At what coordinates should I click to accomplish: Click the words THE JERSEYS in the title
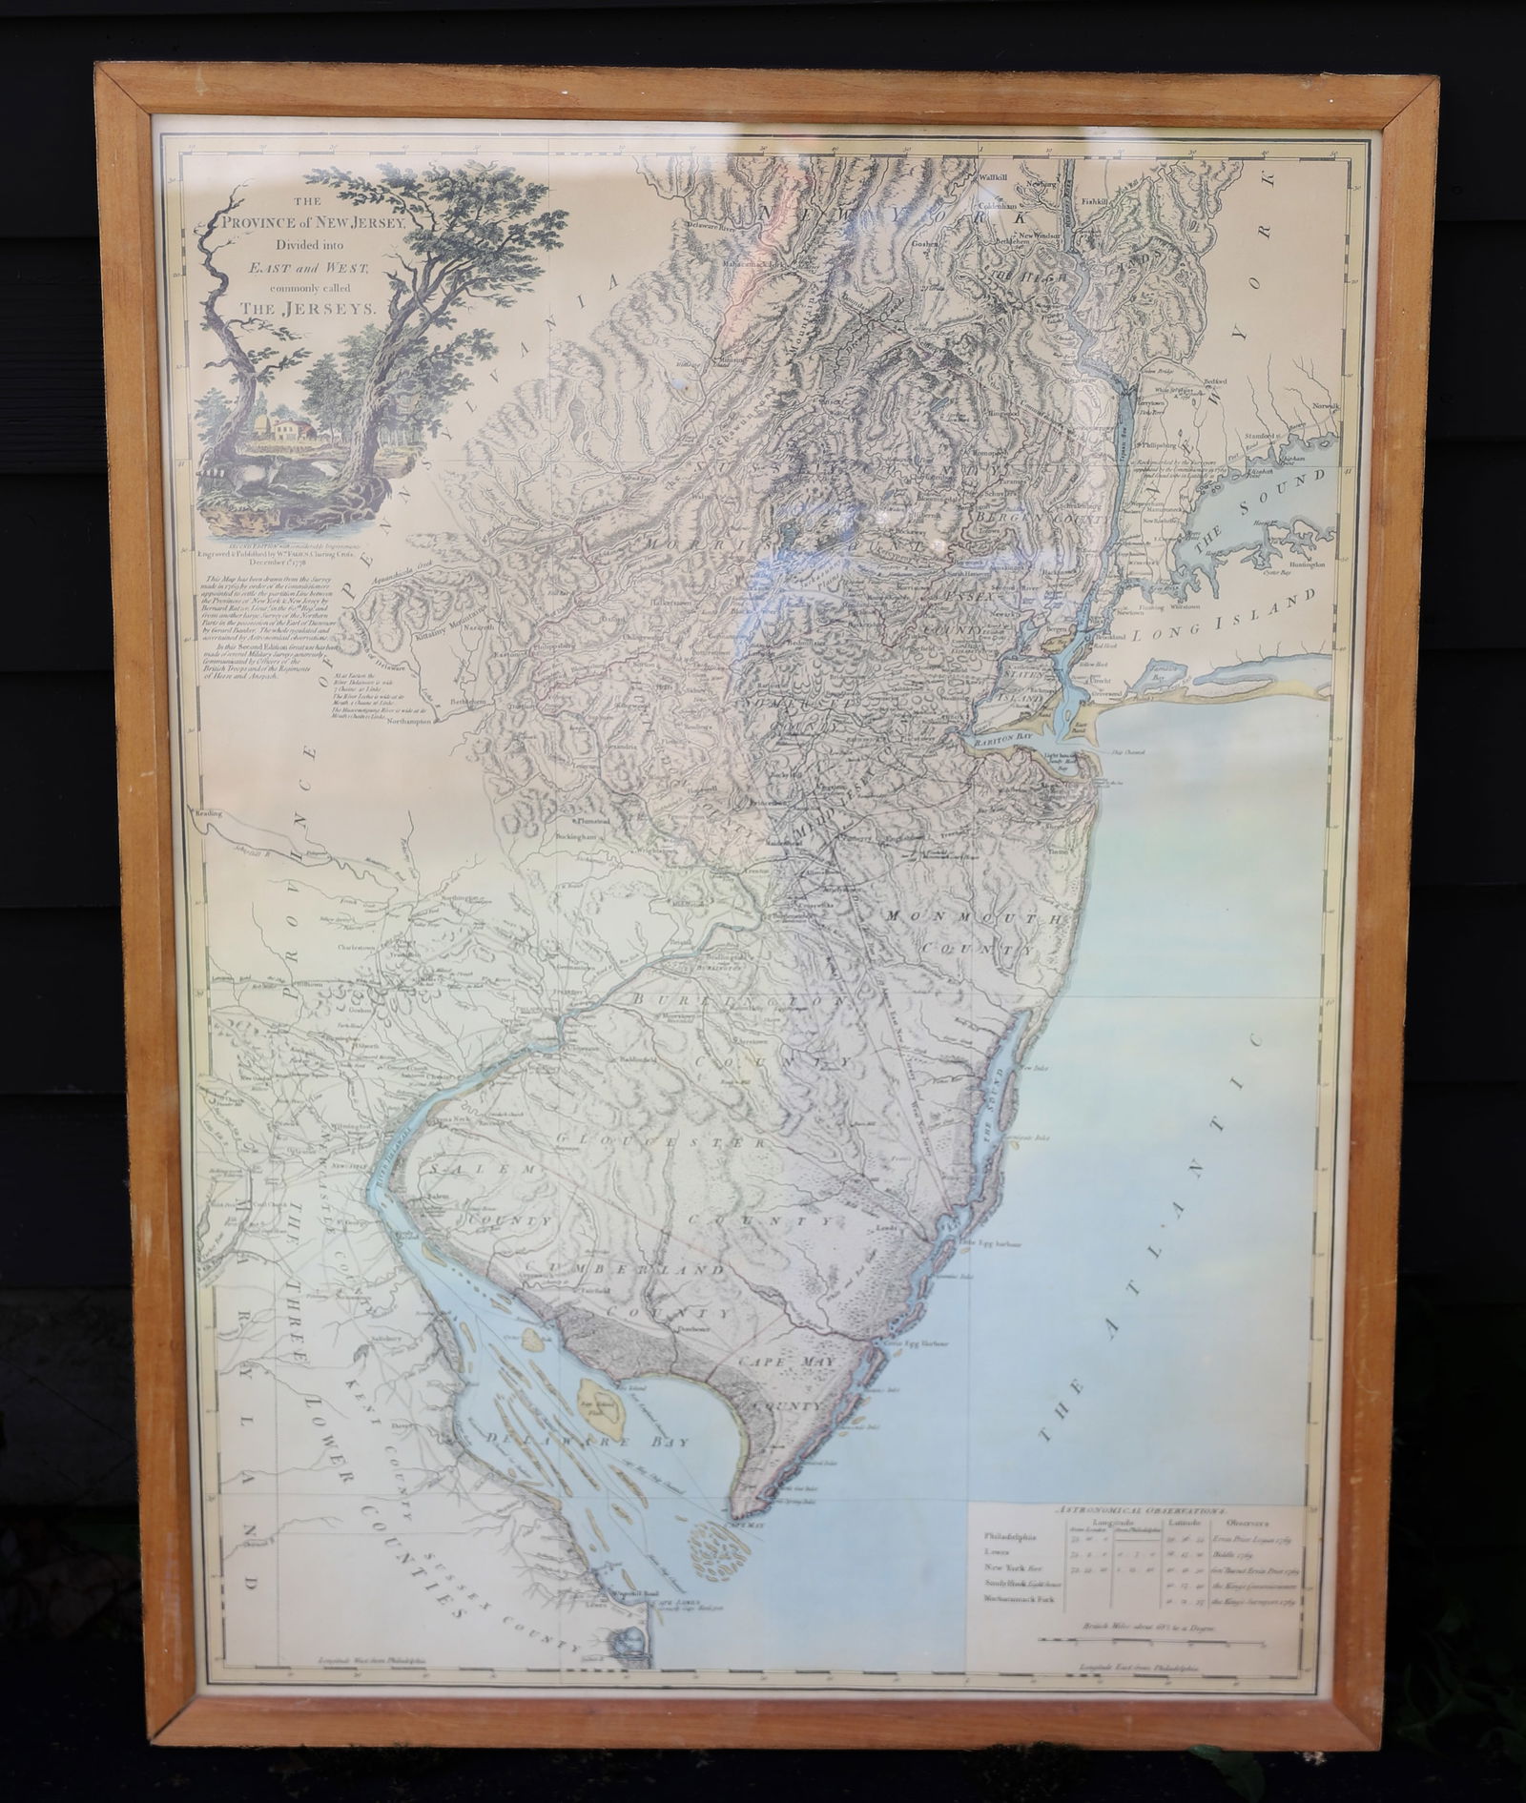[x=302, y=309]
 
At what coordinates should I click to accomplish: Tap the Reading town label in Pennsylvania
[x=207, y=815]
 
